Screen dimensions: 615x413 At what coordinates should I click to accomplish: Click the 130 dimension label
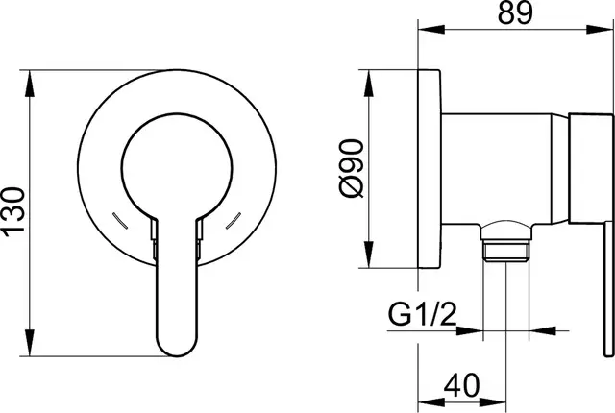pos(14,212)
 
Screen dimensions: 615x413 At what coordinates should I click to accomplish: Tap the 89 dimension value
pos(515,12)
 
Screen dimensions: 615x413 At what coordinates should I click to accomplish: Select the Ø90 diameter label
pos(350,168)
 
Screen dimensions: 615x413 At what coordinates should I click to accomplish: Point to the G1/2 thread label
pos(423,315)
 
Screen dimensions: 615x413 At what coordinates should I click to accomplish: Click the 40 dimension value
pos(461,384)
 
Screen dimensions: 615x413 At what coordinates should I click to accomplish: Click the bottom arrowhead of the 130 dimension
pos(30,343)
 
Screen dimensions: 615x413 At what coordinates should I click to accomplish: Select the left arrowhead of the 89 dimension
pos(431,30)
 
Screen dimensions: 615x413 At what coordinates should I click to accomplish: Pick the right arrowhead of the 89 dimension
pos(600,30)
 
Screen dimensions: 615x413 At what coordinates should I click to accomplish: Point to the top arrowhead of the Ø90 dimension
pos(369,83)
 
